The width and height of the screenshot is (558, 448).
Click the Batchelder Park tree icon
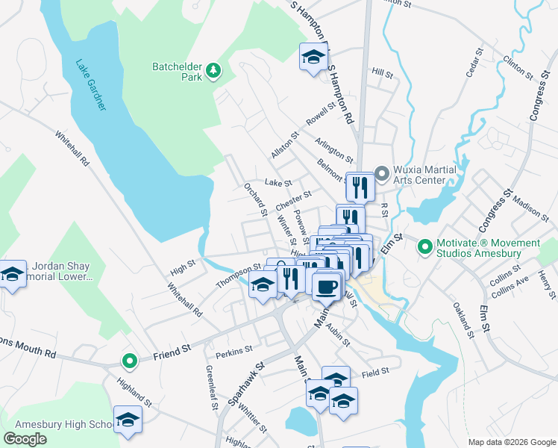tap(214, 70)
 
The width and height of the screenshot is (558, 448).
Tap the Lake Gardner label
tap(90, 85)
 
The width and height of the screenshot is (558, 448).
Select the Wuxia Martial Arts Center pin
tap(382, 175)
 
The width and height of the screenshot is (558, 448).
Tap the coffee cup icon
tap(325, 285)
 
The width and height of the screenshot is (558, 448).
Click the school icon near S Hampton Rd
tap(314, 57)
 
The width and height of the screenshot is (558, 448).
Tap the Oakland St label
tap(463, 320)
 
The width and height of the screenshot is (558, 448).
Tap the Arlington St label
tap(333, 149)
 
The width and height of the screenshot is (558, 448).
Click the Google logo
tap(25, 438)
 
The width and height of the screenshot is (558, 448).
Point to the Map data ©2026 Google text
tap(512, 442)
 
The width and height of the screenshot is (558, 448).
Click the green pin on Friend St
tap(130, 362)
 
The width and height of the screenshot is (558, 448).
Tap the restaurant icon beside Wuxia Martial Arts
tap(360, 186)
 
